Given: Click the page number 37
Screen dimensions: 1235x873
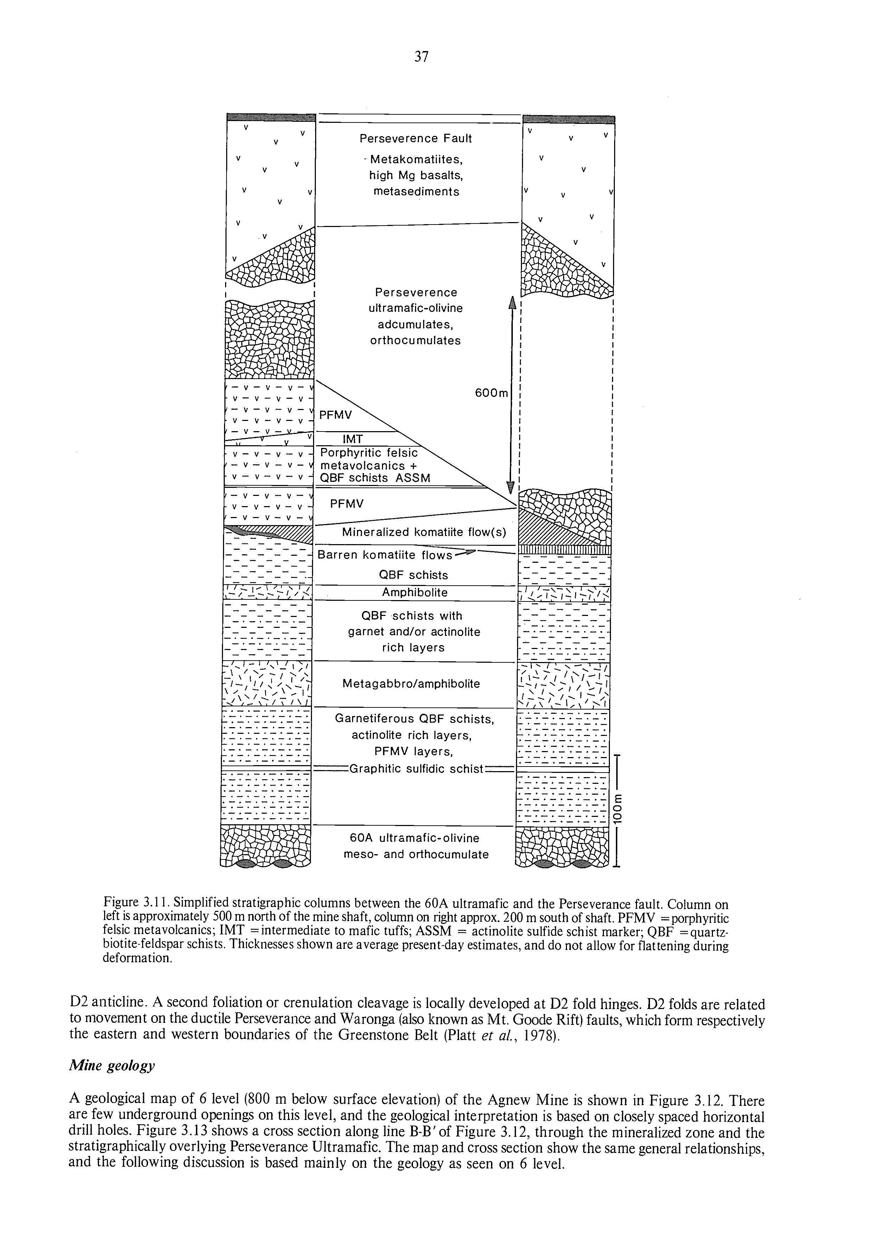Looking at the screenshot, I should click(x=421, y=56).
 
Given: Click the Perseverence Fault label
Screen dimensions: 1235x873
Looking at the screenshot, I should click(x=415, y=138).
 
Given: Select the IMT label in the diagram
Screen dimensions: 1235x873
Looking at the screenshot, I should click(x=353, y=439).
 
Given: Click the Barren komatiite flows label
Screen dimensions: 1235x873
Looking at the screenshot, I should click(x=385, y=555).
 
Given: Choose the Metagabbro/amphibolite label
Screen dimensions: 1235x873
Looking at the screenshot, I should click(x=411, y=683).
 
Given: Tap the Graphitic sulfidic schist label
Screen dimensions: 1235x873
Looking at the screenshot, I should click(x=417, y=769).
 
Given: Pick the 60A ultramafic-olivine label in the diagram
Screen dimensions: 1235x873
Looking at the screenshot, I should click(x=414, y=838).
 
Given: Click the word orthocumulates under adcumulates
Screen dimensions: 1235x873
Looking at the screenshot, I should click(x=415, y=340).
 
